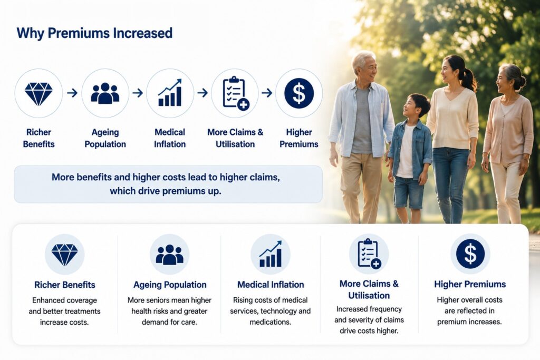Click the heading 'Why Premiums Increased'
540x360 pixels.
[94, 33]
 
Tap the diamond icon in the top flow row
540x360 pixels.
[38, 93]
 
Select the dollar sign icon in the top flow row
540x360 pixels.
[299, 93]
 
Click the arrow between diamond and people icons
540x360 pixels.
[72, 93]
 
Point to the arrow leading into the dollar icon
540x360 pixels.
[267, 93]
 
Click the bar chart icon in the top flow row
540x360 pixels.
[170, 93]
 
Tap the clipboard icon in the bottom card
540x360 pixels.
[369, 254]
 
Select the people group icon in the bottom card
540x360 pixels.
[169, 255]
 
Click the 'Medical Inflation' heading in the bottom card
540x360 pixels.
[271, 285]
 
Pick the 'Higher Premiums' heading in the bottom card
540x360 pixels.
[470, 284]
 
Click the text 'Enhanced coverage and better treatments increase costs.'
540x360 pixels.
[64, 311]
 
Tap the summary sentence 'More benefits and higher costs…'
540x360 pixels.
[166, 184]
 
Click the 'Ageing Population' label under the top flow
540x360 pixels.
[105, 138]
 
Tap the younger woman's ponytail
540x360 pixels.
[468, 79]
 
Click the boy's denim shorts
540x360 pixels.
[409, 192]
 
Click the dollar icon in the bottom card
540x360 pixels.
[470, 254]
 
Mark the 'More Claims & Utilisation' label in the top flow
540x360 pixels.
[235, 138]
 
